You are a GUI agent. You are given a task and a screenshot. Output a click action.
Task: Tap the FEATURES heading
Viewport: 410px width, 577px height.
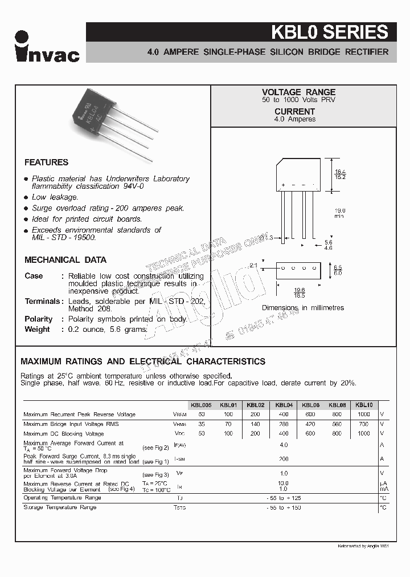pyautogui.click(x=46, y=162)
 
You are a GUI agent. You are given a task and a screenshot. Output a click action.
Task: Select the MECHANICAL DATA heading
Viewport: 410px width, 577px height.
pyautogui.click(x=65, y=260)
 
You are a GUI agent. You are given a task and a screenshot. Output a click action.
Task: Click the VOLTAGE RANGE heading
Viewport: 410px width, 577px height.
pyautogui.click(x=298, y=92)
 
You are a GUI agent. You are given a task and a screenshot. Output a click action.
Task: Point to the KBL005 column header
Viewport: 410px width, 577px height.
pyautogui.click(x=201, y=405)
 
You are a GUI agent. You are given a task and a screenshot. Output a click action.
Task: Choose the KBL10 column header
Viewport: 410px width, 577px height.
pyautogui.click(x=364, y=405)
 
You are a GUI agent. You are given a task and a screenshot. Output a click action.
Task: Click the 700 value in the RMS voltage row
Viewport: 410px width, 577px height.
pyautogui.click(x=364, y=424)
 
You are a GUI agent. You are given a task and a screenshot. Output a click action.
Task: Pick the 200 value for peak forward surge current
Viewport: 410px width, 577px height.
pyautogui.click(x=283, y=458)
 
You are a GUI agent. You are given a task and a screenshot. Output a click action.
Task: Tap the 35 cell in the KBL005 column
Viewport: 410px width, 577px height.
pyautogui.click(x=201, y=424)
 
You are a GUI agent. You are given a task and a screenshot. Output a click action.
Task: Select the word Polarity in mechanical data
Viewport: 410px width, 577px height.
pyautogui.click(x=38, y=319)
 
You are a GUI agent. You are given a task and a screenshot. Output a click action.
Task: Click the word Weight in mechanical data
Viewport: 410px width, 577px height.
pyautogui.click(x=37, y=330)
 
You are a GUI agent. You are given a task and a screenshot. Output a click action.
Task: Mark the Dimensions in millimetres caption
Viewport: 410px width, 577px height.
pyautogui.click(x=303, y=308)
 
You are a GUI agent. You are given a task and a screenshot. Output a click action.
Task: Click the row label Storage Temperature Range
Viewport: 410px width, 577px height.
pyautogui.click(x=60, y=507)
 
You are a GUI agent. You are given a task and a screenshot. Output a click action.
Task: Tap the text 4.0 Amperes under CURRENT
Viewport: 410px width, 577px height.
pyautogui.click(x=294, y=119)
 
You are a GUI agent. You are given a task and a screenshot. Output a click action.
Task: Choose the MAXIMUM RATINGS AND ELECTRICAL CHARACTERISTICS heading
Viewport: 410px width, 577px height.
pyautogui.click(x=143, y=361)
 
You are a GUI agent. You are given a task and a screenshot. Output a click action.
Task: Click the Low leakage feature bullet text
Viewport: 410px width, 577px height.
pyautogui.click(x=55, y=197)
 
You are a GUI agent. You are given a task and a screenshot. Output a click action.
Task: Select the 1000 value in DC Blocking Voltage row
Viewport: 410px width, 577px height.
pyautogui.click(x=364, y=434)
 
